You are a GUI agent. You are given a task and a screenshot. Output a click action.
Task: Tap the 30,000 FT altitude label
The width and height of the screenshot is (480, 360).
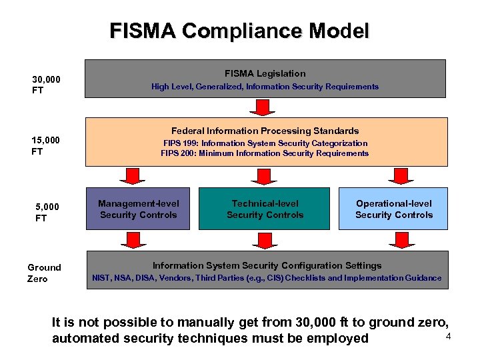46,85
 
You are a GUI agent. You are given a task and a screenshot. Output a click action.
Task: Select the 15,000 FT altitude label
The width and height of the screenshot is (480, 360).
46,145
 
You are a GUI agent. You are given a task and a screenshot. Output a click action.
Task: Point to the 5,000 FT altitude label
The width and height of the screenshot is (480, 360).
47,212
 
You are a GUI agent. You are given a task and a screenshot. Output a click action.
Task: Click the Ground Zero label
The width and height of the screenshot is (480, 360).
44,273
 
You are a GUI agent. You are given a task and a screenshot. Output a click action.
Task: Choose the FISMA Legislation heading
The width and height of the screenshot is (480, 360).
265,73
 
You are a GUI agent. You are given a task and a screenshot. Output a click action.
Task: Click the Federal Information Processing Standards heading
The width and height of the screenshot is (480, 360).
265,131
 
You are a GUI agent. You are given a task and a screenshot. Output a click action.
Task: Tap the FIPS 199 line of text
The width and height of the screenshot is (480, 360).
265,143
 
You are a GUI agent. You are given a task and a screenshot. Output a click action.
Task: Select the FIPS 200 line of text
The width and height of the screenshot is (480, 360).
265,153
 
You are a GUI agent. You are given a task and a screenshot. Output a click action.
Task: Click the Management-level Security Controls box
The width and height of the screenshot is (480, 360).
139,209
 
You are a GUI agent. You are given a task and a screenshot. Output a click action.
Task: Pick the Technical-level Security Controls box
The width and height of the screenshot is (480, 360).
265,209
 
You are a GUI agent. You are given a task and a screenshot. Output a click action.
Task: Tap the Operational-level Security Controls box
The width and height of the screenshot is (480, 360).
393,209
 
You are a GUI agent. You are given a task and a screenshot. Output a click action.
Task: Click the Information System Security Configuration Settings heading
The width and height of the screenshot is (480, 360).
267,265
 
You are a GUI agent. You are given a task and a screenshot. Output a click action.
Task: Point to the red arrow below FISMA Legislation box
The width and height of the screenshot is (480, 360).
265,107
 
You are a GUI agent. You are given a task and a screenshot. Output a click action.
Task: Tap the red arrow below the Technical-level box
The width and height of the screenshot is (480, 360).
265,239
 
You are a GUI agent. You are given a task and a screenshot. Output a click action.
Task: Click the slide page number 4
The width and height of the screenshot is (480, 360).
448,336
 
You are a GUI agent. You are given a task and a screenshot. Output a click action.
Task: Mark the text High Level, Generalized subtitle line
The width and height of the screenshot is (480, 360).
265,87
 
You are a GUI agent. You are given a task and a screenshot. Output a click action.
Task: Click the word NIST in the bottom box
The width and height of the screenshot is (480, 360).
101,278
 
